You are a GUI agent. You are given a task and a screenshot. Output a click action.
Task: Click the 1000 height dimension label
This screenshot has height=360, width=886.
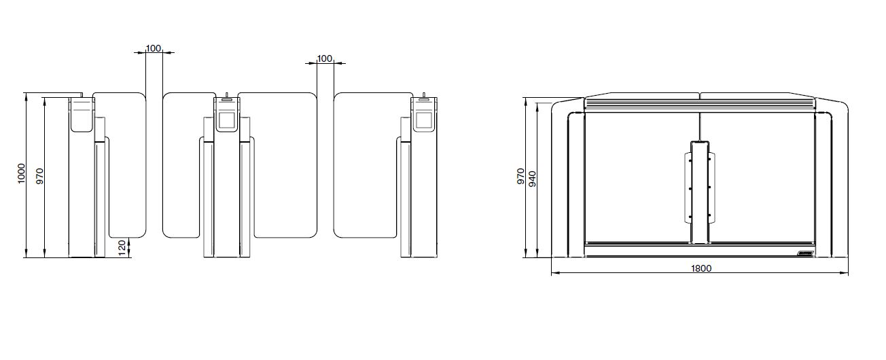[21, 173]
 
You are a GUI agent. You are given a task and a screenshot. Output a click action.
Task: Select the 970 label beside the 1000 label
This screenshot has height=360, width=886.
[39, 176]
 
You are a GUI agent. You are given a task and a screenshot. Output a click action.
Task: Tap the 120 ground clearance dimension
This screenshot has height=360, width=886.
[122, 248]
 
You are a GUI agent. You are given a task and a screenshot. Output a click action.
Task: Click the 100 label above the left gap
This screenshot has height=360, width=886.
[154, 48]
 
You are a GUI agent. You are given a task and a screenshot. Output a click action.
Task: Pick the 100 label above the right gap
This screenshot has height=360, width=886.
[325, 58]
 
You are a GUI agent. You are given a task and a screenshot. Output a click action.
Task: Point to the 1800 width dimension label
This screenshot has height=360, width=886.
[701, 268]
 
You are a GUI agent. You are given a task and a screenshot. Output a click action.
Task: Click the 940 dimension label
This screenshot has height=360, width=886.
[533, 179]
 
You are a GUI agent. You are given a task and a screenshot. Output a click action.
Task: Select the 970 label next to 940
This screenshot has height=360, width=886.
[520, 176]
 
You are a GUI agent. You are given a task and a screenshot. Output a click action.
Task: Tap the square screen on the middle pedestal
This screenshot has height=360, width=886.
[226, 120]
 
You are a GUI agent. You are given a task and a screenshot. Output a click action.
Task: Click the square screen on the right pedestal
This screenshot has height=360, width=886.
[423, 120]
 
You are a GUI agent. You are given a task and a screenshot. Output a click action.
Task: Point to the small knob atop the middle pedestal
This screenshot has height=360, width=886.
[227, 95]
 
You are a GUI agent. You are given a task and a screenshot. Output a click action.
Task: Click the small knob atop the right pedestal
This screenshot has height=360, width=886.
[423, 95]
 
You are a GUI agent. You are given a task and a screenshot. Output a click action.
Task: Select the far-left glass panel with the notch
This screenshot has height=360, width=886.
[127, 165]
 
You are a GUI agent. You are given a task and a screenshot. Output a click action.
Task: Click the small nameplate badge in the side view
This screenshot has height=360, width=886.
[805, 253]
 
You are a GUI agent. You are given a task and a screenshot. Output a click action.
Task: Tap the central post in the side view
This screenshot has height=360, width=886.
[700, 193]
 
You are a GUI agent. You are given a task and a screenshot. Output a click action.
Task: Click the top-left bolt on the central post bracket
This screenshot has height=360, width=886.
[690, 160]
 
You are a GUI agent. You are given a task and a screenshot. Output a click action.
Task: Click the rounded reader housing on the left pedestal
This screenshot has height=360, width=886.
[82, 115]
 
